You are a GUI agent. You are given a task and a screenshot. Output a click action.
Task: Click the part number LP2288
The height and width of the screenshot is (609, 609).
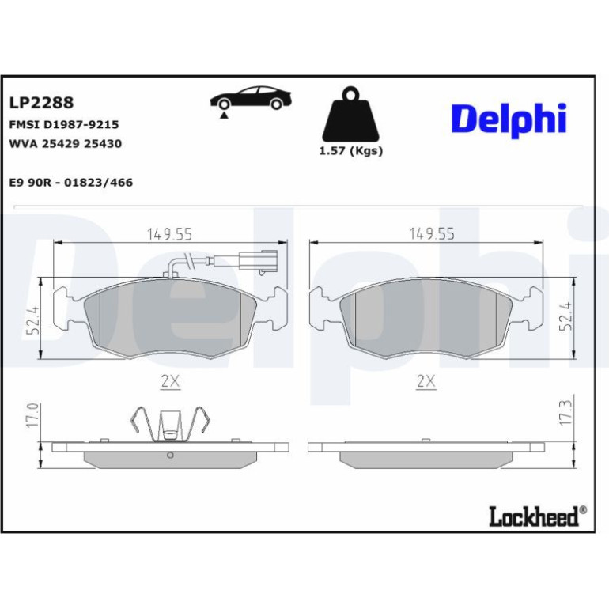click(41, 103)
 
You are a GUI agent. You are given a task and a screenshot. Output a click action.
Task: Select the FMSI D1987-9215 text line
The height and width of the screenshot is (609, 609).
click(64, 124)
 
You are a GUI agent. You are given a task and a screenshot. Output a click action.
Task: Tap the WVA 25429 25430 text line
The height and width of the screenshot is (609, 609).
click(65, 143)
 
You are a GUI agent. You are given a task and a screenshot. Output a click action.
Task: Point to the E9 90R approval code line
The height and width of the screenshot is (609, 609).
click(70, 182)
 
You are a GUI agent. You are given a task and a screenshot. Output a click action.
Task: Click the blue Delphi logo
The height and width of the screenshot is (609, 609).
click(509, 120)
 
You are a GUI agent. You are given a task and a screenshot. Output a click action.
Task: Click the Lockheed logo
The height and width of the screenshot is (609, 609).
click(538, 516)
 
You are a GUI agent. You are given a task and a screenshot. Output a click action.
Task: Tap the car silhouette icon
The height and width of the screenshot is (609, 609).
click(251, 98)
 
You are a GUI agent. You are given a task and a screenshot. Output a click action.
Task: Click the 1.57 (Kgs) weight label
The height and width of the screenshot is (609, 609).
click(350, 151)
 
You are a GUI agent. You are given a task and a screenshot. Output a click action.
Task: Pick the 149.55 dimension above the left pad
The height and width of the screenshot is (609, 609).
click(169, 234)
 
